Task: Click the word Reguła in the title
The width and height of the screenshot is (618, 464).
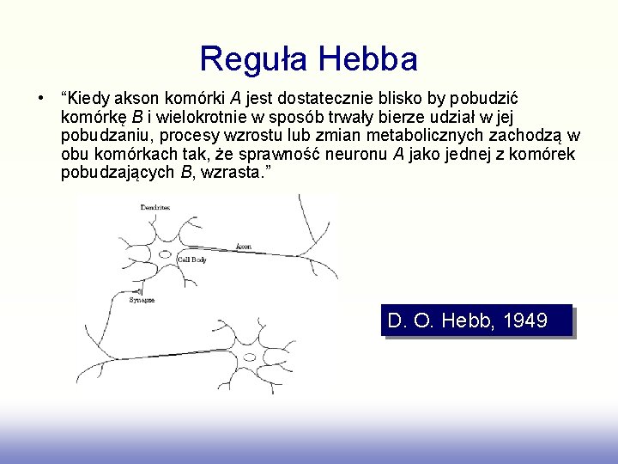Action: coord(253,59)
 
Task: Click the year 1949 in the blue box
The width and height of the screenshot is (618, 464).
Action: coord(525,321)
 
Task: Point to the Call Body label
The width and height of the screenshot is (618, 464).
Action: coord(191,259)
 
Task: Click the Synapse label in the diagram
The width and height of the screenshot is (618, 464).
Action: coord(142,300)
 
